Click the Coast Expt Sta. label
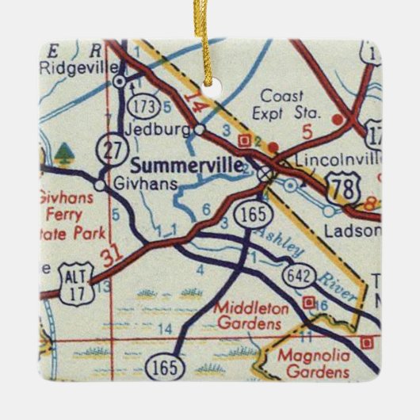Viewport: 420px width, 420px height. [286, 107]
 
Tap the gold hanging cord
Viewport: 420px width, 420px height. [211, 40]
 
